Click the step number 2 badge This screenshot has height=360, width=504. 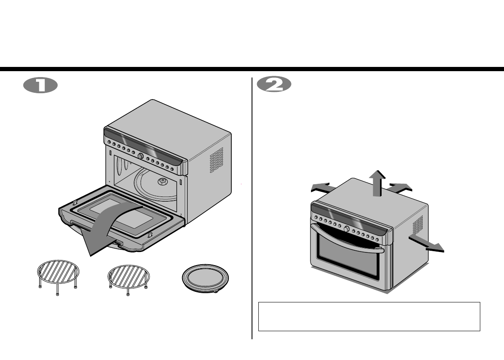274,85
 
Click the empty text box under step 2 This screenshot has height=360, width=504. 369,316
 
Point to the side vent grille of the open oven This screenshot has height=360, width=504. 216,160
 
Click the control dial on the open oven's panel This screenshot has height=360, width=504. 140,156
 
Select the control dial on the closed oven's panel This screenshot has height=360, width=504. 346,229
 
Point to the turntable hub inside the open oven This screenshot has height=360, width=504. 161,181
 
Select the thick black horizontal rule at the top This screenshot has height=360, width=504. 252,69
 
